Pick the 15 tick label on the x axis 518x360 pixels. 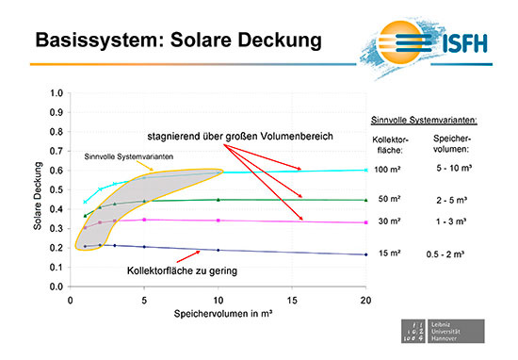(292, 301)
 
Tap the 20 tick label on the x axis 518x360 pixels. (365, 301)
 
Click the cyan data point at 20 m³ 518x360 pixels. (365, 171)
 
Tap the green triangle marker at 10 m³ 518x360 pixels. (219, 200)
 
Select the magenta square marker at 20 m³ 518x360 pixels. (365, 222)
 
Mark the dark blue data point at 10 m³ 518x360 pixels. (219, 250)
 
